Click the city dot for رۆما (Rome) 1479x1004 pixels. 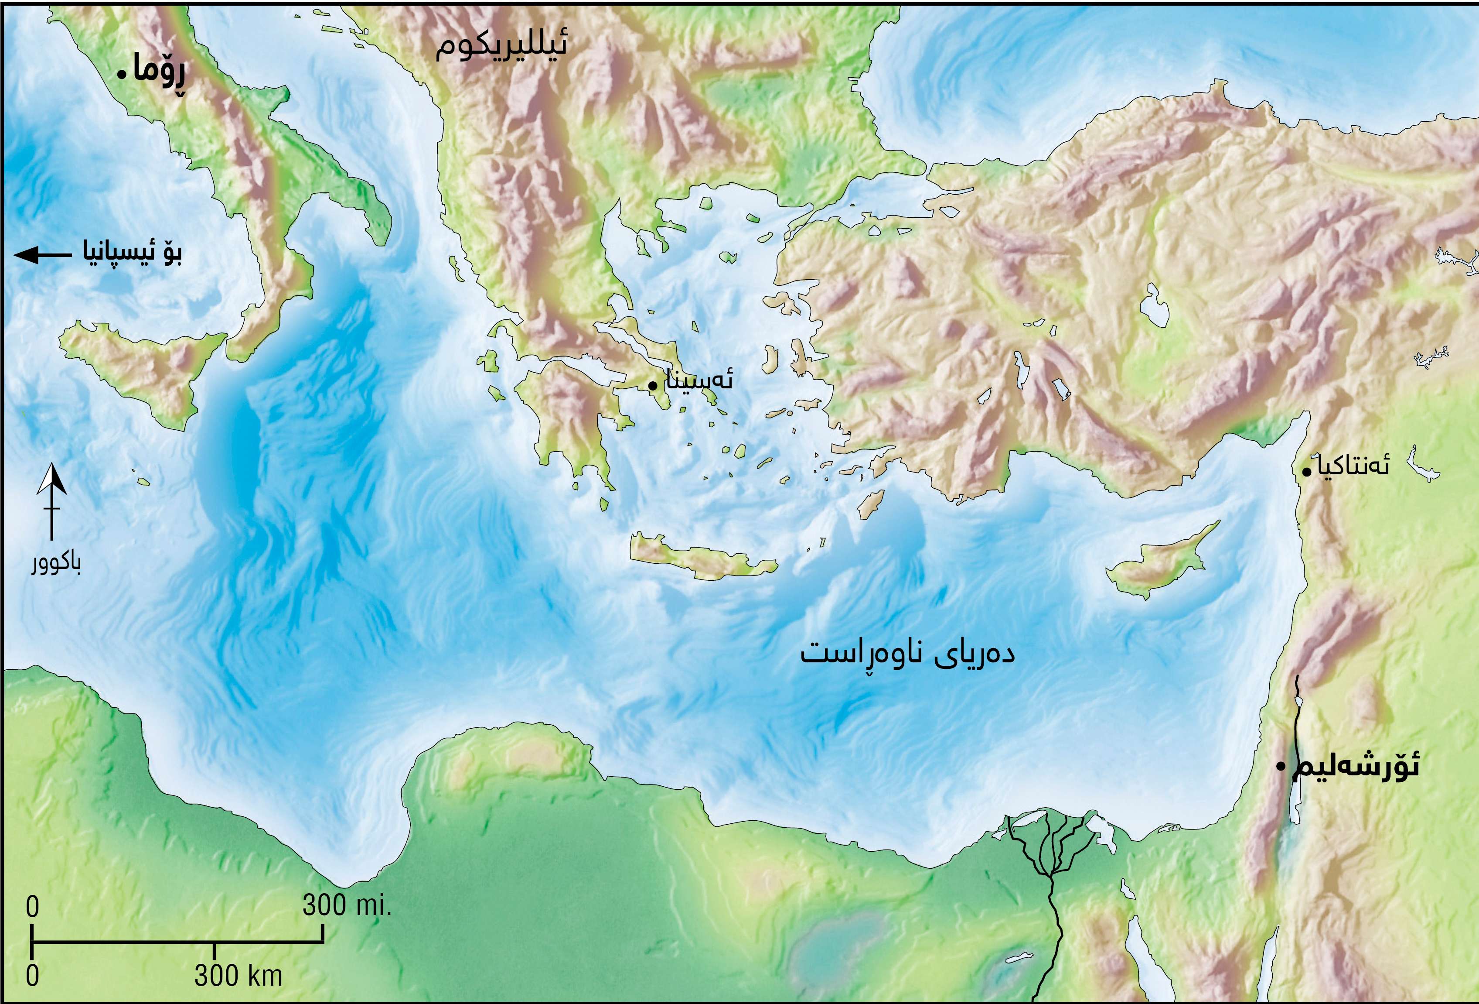(x=121, y=75)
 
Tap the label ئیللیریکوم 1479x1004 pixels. (x=501, y=47)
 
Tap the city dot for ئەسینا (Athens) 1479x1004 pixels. (x=652, y=385)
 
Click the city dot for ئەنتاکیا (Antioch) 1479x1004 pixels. (x=1306, y=472)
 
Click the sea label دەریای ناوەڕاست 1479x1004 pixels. (x=907, y=654)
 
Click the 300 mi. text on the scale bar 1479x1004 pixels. (x=346, y=906)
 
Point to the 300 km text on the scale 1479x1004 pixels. (x=237, y=975)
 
